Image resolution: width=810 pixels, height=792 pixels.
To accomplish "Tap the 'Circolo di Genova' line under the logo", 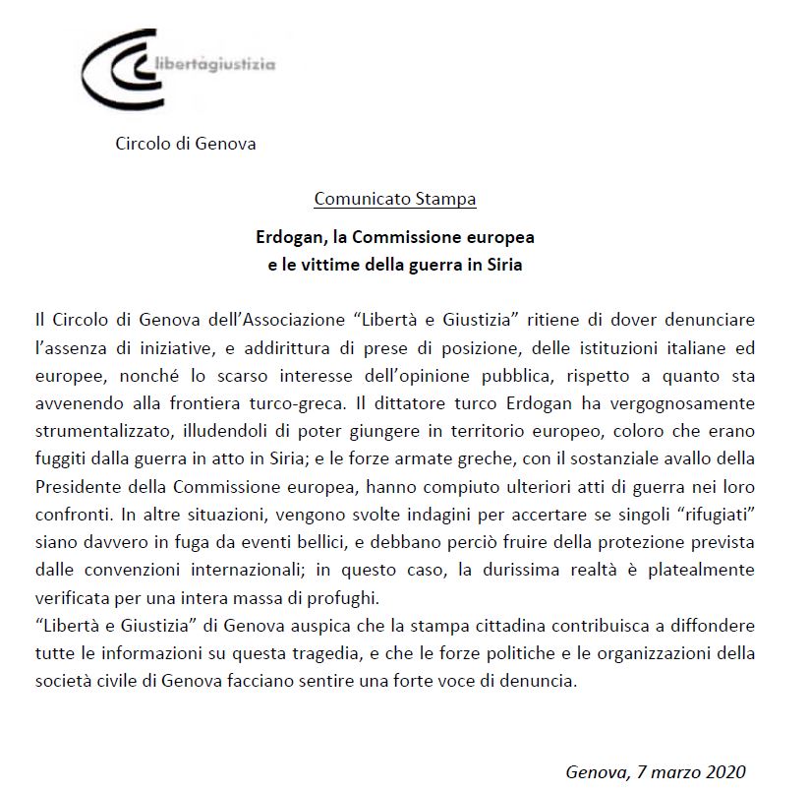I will [186, 144].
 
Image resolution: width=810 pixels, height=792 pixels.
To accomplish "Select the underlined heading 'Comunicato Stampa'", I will [395, 199].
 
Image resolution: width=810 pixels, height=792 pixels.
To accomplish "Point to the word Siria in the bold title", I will [503, 265].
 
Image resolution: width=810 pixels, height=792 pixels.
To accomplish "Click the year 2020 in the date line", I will [724, 770].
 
